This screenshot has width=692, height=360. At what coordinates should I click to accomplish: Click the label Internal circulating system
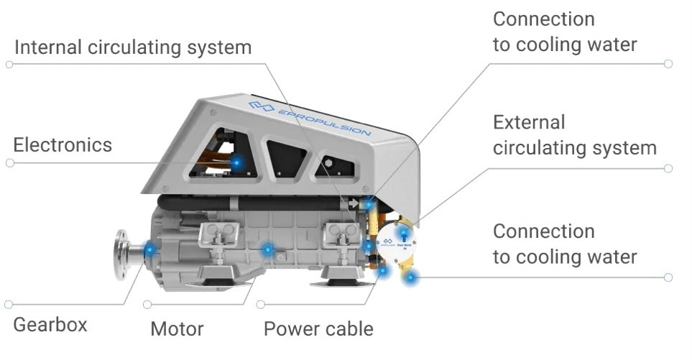click(133, 48)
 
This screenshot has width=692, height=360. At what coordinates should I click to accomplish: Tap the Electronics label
click(63, 145)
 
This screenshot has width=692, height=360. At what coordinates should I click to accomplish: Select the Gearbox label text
click(50, 325)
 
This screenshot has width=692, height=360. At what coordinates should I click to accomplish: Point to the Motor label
click(177, 330)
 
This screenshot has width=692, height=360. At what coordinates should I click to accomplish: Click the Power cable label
click(318, 330)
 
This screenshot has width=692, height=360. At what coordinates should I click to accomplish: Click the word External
click(529, 123)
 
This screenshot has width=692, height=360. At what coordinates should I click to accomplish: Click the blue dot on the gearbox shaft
click(149, 249)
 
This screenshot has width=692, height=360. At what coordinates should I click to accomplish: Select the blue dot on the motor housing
click(267, 249)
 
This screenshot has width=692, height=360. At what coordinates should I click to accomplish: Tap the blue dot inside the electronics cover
click(236, 163)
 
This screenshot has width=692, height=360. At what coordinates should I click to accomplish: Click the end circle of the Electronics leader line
click(9, 163)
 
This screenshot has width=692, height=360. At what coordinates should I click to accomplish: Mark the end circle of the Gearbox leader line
click(9, 305)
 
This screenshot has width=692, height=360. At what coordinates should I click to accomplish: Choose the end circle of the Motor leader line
click(147, 305)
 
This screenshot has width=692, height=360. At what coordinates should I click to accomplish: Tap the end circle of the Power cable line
click(260, 305)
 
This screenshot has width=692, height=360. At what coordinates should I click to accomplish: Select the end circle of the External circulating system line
click(668, 169)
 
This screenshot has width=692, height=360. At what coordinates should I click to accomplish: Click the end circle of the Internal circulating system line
click(9, 65)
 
